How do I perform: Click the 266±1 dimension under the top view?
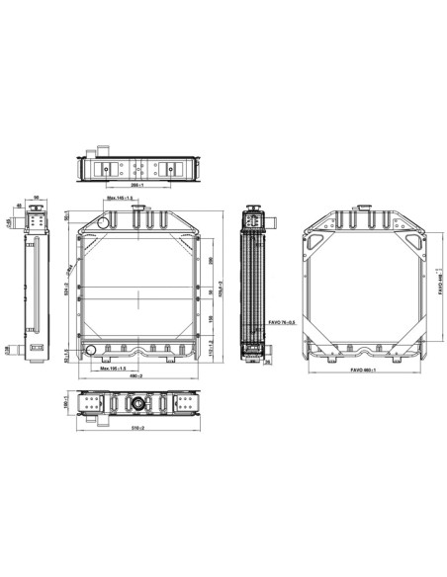coord(140,185)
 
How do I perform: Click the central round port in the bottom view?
coord(135,406)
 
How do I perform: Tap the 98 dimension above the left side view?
coord(37,198)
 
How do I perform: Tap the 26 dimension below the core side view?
coord(267,362)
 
